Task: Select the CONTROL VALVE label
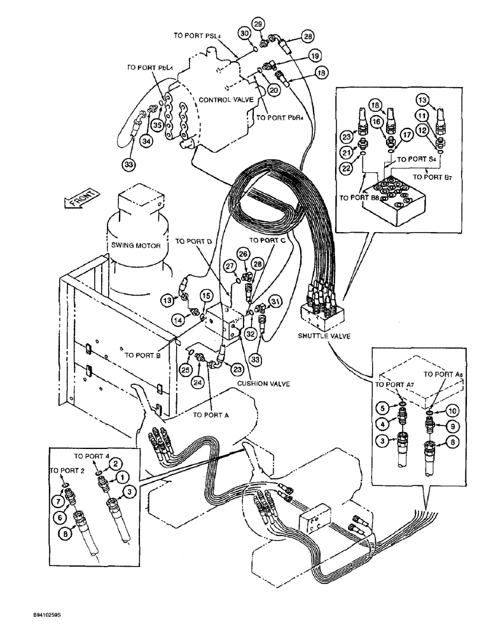point(225,100)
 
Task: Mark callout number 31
point(275,301)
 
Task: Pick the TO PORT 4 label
point(92,457)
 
